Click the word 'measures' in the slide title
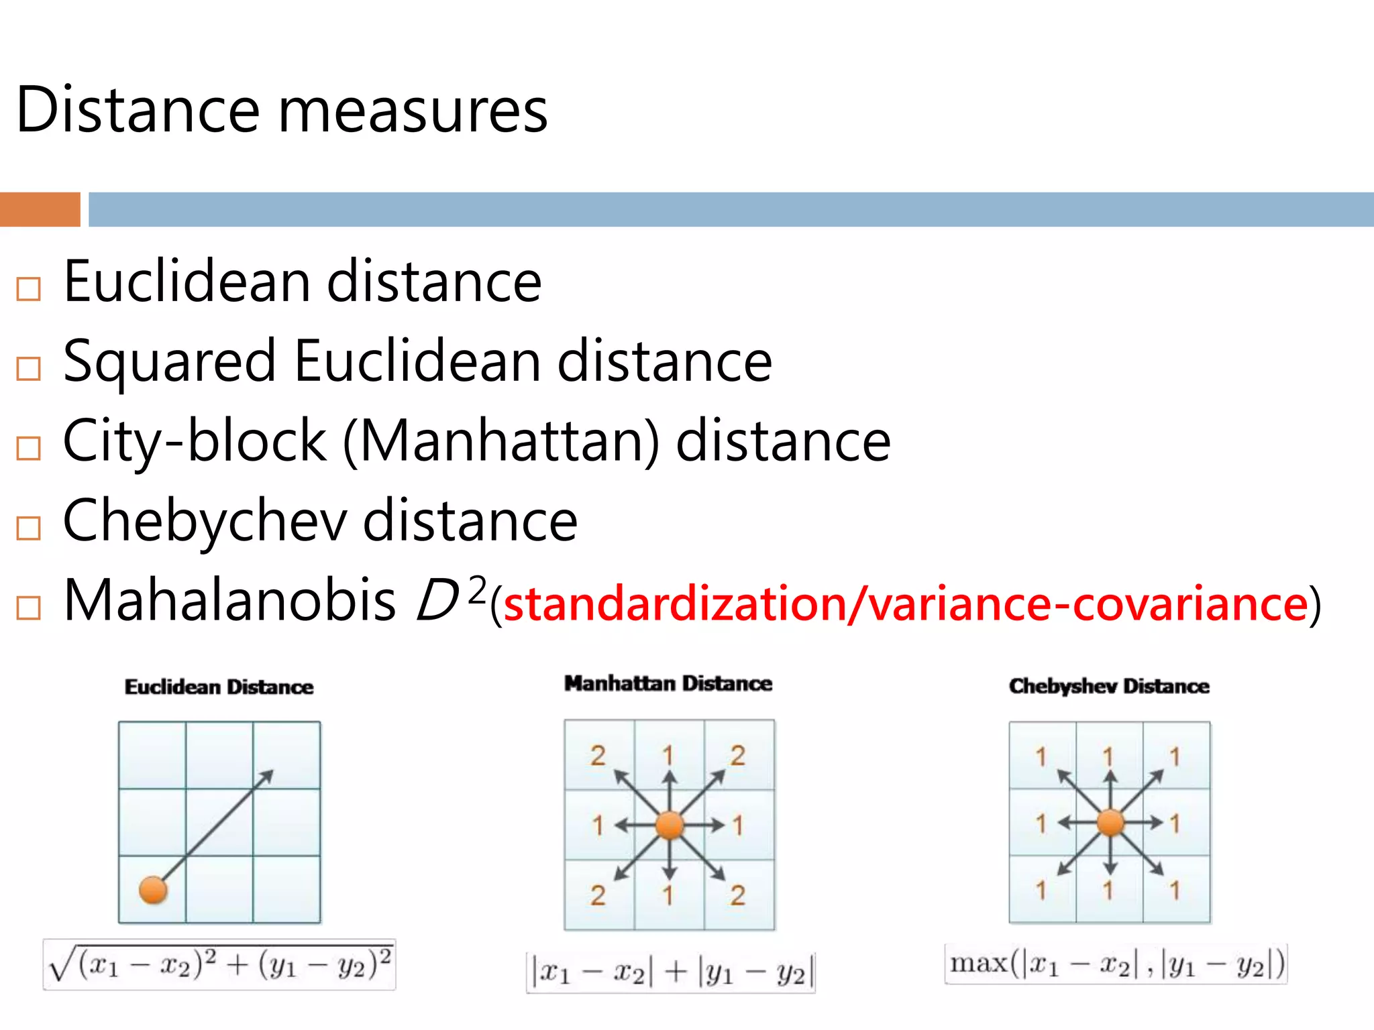(413, 111)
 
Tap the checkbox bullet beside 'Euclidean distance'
(29, 289)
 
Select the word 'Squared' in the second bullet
(169, 362)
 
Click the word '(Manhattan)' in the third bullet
(501, 442)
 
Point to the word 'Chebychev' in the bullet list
(205, 522)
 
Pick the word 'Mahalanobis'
(229, 600)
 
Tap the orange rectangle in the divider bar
(40, 209)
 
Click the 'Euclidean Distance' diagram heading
(219, 687)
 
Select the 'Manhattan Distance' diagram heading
(668, 683)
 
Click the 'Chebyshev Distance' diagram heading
(1109, 686)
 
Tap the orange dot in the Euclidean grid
(153, 891)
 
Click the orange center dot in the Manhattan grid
(669, 825)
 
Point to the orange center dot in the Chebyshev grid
(1110, 823)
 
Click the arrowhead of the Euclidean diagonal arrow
(267, 776)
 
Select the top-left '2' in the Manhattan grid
(598, 756)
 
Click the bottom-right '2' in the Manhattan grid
(738, 895)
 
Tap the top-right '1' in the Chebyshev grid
(1175, 757)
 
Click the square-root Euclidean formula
(219, 964)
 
